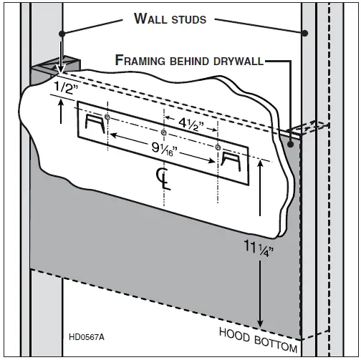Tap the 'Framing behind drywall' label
(190, 60)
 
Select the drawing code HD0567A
(87, 336)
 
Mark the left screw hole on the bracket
(107, 117)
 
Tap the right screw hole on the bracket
(218, 147)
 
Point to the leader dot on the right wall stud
(304, 33)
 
